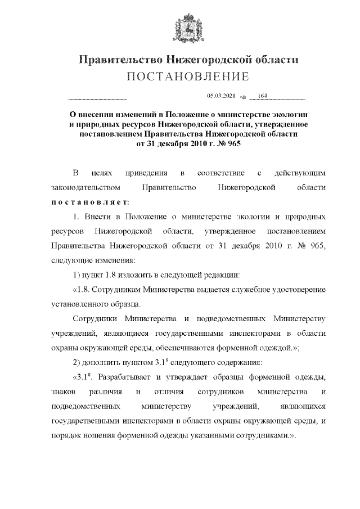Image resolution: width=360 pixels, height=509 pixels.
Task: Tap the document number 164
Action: coord(261,96)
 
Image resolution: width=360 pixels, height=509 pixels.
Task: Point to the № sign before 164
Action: coord(244,97)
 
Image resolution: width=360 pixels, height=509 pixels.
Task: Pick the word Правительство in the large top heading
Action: coord(118,59)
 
